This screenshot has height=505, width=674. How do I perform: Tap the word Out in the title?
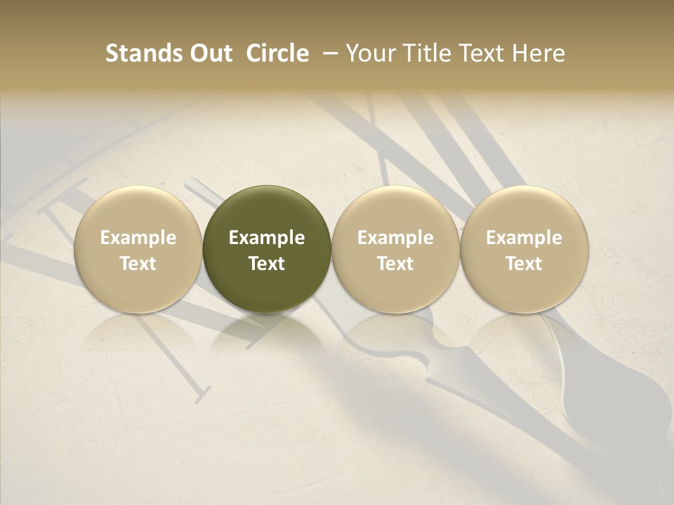click(209, 53)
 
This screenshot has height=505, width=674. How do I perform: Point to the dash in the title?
click(327, 53)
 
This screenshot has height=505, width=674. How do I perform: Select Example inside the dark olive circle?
click(267, 238)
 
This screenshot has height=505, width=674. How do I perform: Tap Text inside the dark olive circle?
click(267, 264)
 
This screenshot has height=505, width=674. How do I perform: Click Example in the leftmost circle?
click(138, 238)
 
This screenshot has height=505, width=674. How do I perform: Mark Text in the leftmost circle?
click(138, 264)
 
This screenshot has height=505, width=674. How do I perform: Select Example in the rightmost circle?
click(524, 238)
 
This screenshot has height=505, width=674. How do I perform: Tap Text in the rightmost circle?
click(524, 264)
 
